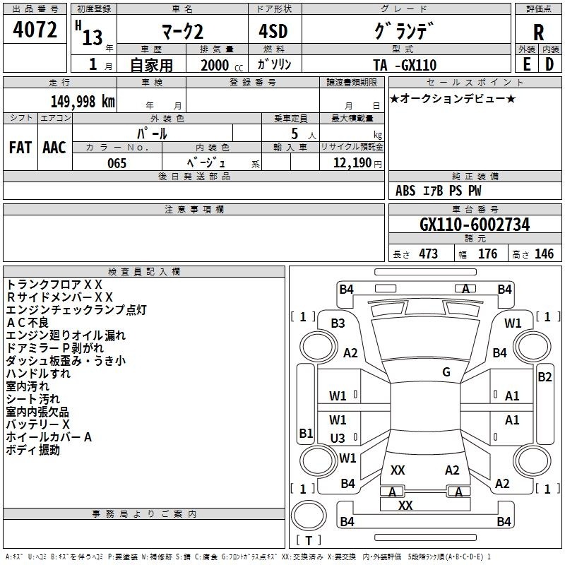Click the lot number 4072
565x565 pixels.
(35, 30)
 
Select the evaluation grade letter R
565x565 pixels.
(538, 32)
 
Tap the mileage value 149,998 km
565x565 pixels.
(83, 102)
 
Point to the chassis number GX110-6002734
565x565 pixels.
(475, 225)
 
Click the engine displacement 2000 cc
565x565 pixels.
(222, 65)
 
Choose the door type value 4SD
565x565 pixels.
(273, 31)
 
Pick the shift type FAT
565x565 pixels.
(20, 148)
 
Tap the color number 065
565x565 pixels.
(117, 163)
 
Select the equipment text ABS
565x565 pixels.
(405, 191)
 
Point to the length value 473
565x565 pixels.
(428, 254)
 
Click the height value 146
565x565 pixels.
(544, 254)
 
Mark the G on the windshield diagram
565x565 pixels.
(446, 372)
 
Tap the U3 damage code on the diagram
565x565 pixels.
(338, 438)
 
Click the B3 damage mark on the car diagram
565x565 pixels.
(338, 323)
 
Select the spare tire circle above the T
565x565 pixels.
(309, 516)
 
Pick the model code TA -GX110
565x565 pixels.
(405, 65)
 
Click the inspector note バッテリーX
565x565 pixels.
(38, 424)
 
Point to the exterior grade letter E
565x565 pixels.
(526, 64)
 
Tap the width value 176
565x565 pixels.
(487, 254)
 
